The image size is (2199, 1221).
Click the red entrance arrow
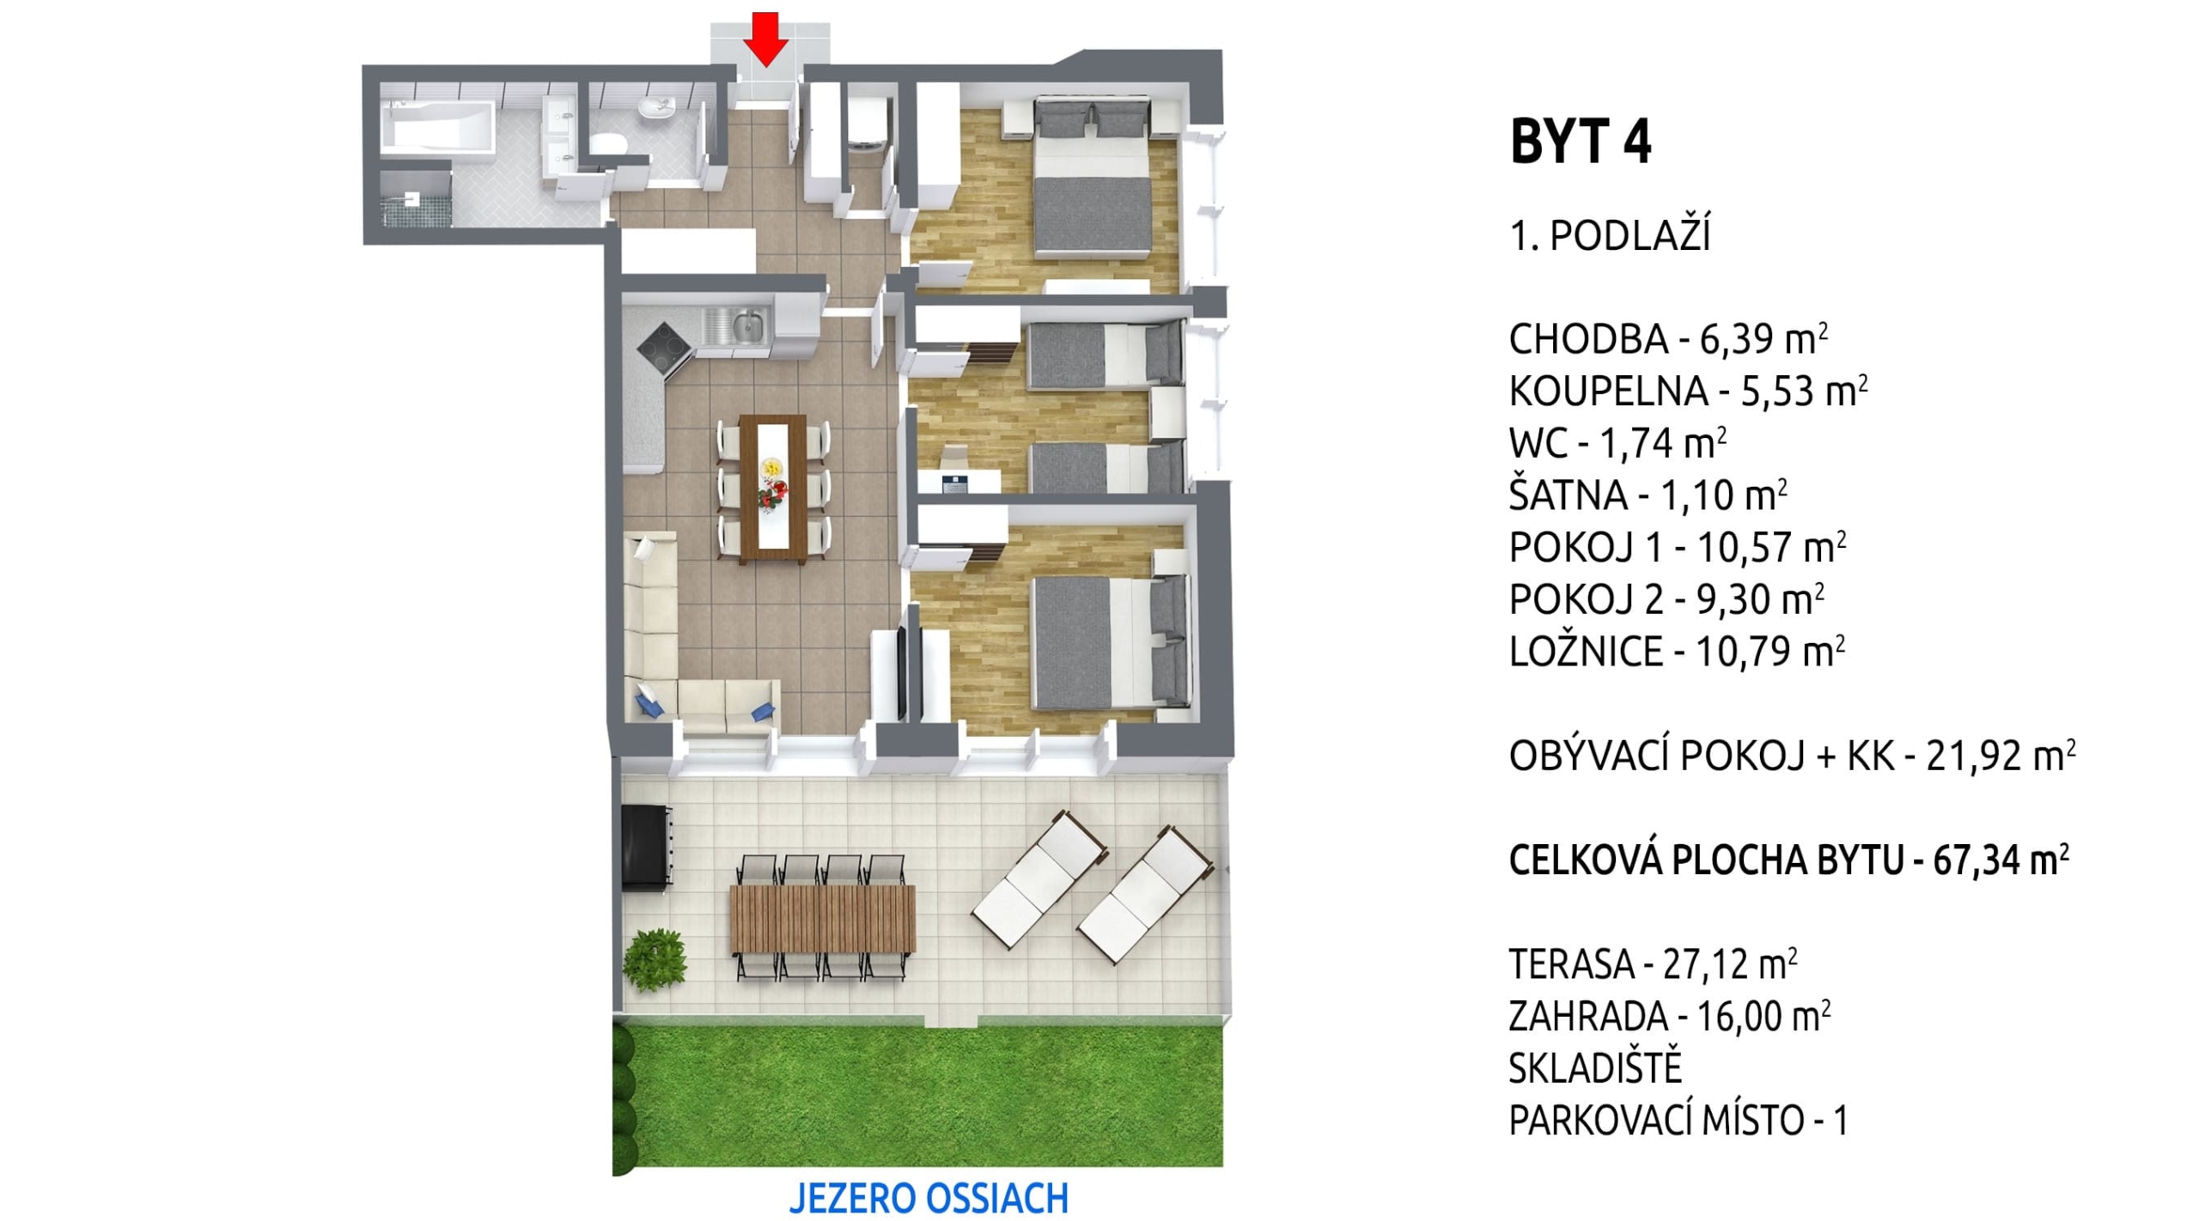(764, 39)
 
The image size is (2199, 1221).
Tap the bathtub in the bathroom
(438, 130)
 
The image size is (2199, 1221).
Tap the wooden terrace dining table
(822, 919)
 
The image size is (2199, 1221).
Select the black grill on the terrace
(646, 849)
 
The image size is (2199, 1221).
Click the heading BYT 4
(1580, 143)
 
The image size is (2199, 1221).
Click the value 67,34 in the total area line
(1978, 860)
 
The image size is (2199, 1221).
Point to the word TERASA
(1570, 965)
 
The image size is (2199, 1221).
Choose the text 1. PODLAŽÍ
(1610, 236)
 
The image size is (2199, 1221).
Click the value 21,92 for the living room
(1975, 756)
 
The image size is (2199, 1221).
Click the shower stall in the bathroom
(415, 198)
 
